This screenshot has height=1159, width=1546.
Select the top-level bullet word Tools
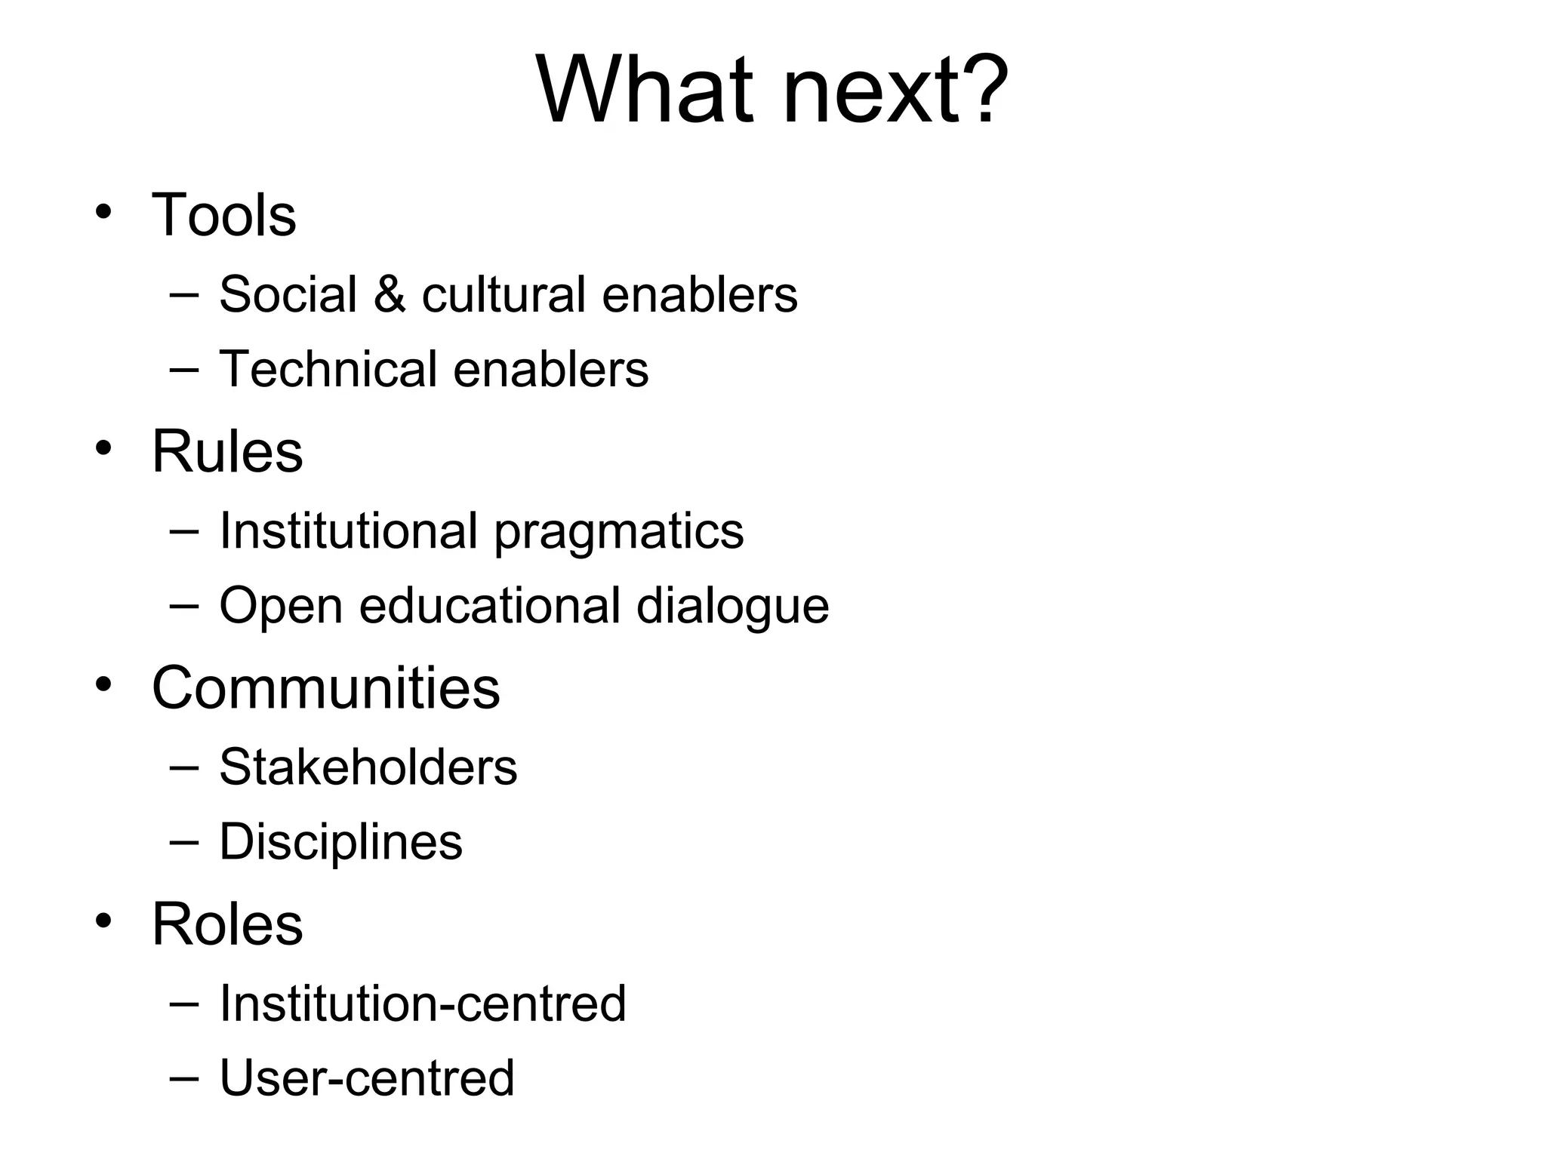(224, 215)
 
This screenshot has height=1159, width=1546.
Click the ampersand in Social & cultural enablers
(390, 294)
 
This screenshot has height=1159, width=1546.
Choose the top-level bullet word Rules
(227, 451)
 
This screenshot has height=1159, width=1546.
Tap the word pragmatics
(619, 532)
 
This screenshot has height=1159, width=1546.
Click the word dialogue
(732, 607)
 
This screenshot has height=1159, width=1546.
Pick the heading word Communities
(325, 688)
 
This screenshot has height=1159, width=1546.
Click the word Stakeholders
(368, 767)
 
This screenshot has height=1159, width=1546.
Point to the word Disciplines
(340, 842)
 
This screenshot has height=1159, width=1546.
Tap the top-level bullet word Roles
(227, 924)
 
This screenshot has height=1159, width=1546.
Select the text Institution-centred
(423, 1004)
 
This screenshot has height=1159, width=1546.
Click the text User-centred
(367, 1078)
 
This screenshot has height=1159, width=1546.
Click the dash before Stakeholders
(185, 767)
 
